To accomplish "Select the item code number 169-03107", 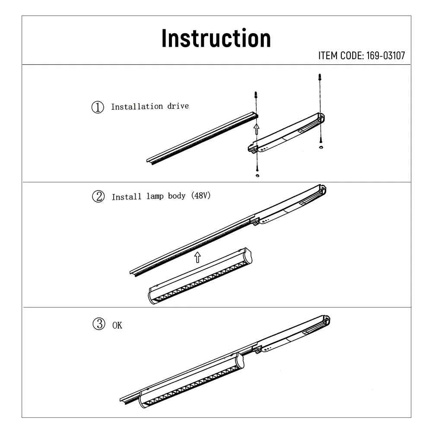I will tap(386, 56).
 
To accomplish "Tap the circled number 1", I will tap(98, 107).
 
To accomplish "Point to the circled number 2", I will tap(98, 197).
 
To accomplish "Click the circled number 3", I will tap(98, 324).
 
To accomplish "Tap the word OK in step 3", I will tap(117, 325).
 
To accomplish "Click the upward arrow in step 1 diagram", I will tap(256, 128).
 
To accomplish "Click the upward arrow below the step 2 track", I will tap(197, 257).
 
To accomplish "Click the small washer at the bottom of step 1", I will tap(257, 175).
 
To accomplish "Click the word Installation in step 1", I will tap(131, 107).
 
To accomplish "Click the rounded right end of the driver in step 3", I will tap(327, 320).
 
